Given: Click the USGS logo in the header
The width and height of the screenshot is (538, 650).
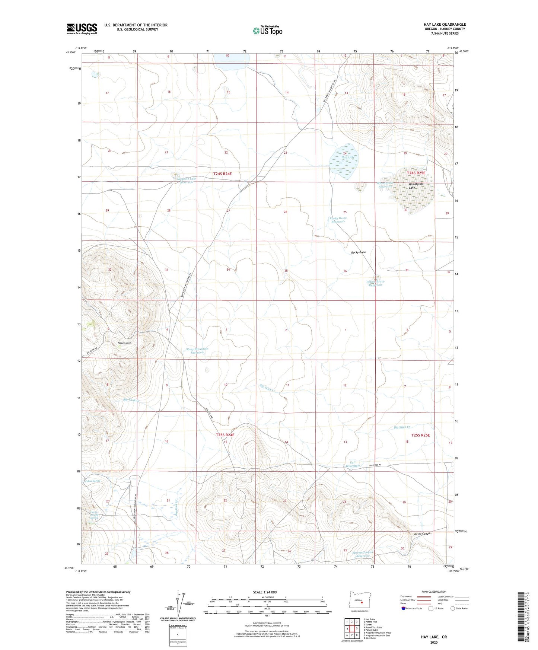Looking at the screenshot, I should coord(82,29).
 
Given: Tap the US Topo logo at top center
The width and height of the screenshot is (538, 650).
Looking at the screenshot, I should coord(267,31).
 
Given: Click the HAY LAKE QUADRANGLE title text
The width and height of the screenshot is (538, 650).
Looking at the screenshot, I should coord(445,25).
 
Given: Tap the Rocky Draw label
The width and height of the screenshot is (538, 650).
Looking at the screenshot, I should coord(359,252).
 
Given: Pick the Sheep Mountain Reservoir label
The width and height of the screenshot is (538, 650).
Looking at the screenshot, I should coord(197,351).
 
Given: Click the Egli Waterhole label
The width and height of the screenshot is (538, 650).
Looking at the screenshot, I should coord(353,464).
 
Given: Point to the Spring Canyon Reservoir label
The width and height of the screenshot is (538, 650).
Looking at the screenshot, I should coord(363,554).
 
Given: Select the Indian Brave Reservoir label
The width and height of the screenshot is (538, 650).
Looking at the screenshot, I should coord(375,283).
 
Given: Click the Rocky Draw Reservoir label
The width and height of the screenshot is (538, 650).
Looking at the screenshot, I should coord(338,220).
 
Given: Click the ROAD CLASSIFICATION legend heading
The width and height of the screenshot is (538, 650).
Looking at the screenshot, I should coord(434,592).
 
